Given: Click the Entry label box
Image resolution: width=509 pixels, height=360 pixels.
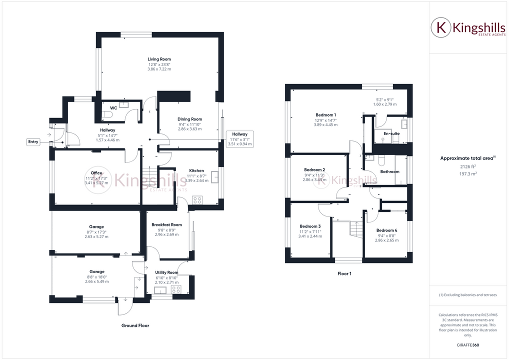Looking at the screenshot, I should (x=33, y=142).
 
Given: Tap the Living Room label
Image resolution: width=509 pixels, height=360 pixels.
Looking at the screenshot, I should (x=159, y=59).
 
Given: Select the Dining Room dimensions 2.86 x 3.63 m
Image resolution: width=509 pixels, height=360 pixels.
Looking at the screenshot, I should (x=189, y=129).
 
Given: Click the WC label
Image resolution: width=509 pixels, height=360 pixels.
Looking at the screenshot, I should (x=113, y=107).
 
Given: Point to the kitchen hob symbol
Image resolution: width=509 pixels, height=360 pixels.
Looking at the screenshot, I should (x=197, y=200).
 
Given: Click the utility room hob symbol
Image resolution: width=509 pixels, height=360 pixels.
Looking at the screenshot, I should (x=176, y=289).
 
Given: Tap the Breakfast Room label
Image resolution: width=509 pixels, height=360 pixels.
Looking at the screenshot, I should (x=166, y=225).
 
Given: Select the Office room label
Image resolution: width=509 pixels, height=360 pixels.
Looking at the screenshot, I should (x=96, y=173).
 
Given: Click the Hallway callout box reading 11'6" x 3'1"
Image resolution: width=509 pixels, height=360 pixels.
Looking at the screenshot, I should (x=239, y=139).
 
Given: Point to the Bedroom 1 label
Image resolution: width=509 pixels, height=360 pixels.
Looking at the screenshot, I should (x=325, y=115).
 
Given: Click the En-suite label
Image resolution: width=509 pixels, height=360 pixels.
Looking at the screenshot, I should (x=391, y=134).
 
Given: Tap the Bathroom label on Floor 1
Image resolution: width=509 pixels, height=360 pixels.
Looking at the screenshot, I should (x=390, y=171).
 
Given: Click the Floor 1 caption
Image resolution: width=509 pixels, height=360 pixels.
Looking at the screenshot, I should (x=344, y=274).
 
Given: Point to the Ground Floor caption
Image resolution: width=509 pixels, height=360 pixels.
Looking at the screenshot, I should (x=135, y=325).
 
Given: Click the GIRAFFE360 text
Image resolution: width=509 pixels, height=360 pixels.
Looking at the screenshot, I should (x=468, y=344).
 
